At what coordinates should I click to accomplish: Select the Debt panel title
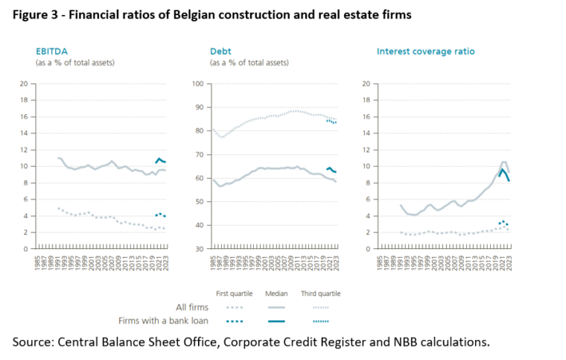(x=222, y=51)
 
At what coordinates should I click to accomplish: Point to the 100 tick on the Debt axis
(x=197, y=83)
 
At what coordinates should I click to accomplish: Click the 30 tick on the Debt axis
(x=199, y=249)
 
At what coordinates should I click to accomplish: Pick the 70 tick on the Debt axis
(x=199, y=154)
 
